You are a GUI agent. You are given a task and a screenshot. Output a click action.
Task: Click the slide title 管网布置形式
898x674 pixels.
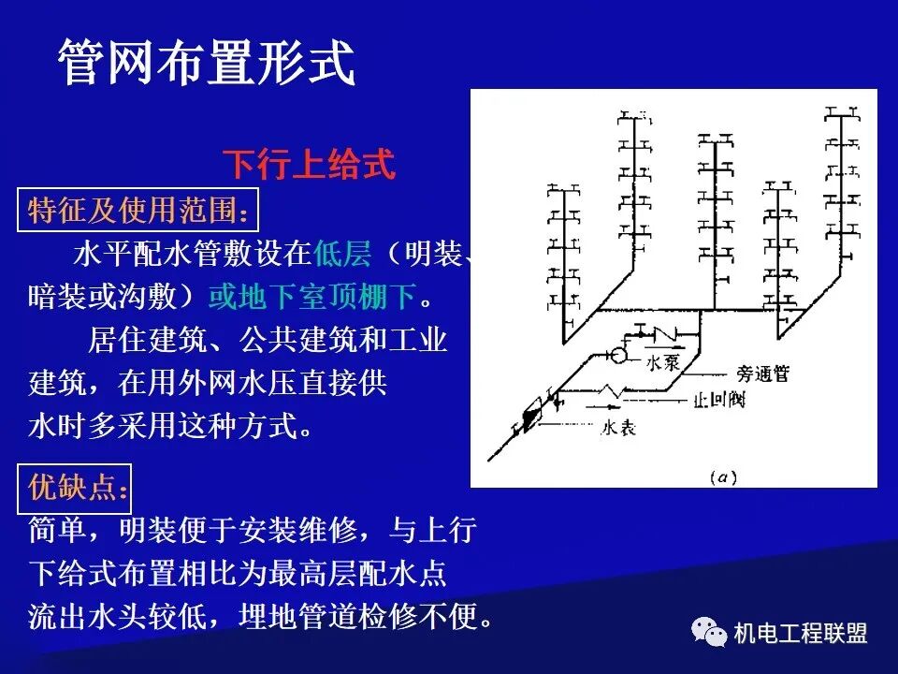pos(207,64)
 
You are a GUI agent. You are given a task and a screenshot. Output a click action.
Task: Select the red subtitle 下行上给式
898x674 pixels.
pos(309,165)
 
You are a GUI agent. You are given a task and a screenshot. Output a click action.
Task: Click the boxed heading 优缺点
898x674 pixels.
pos(75,487)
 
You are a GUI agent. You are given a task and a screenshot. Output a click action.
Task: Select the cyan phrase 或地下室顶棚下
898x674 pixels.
pos(311,298)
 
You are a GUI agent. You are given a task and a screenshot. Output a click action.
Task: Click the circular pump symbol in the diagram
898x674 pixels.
pos(618,356)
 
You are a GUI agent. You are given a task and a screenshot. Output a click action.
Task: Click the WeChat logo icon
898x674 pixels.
pos(709,633)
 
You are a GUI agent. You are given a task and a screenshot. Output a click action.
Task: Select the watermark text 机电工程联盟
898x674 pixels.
pos(801,634)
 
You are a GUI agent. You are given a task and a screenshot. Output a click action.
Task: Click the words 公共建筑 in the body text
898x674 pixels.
pos(297,340)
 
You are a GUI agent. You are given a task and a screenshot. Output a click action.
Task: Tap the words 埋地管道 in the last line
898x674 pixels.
pos(297,617)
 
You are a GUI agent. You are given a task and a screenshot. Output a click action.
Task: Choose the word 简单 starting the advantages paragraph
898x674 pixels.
pos(58,531)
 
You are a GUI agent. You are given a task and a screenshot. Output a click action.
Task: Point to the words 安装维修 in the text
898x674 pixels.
pos(297,531)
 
